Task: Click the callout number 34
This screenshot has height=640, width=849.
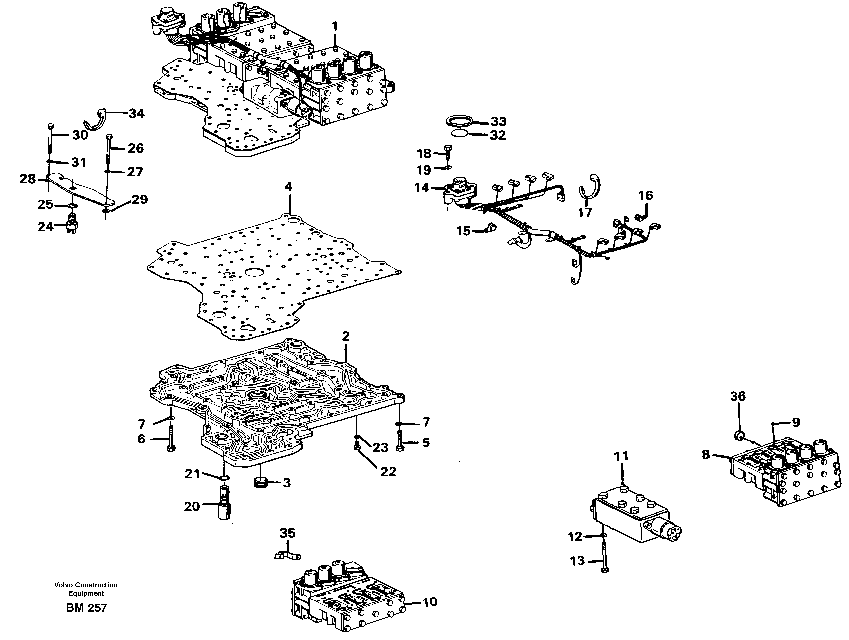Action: pos(136,114)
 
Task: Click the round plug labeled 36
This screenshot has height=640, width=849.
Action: pos(739,436)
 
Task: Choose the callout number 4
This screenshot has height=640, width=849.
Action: pos(289,187)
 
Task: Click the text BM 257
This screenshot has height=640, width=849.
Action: pos(86,608)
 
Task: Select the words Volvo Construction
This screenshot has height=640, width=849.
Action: pos(86,585)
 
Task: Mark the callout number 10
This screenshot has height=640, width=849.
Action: pos(430,602)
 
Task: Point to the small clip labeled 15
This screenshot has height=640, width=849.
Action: pos(489,228)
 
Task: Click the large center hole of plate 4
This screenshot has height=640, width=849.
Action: pos(253,272)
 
